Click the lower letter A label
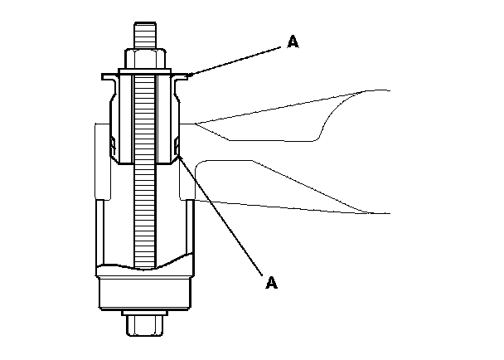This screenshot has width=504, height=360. click(x=270, y=283)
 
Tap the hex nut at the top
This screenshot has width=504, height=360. click(x=147, y=60)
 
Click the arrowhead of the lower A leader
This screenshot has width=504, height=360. click(x=177, y=149)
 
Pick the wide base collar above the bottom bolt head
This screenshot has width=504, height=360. click(x=146, y=292)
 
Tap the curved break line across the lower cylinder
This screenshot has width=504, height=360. click(x=146, y=265)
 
